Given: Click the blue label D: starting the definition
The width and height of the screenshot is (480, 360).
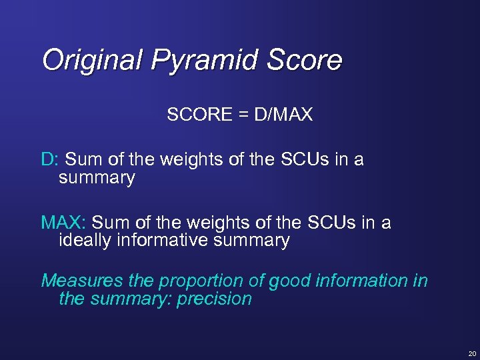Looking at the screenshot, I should point(51,160).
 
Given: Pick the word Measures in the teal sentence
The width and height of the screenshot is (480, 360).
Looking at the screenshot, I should point(77,281).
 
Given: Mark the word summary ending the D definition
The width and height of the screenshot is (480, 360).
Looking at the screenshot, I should point(97,178).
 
